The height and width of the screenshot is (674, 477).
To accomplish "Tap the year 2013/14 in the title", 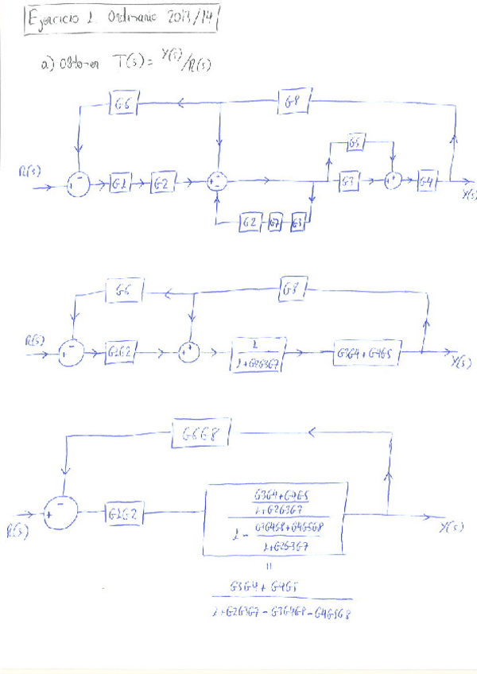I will click(188, 18).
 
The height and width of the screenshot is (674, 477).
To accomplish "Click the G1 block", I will click(121, 184).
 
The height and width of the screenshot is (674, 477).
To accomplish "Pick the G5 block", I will click(357, 145).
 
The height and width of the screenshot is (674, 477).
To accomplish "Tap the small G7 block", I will click(274, 222).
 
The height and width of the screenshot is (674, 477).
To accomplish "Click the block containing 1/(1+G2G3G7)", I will click(255, 353).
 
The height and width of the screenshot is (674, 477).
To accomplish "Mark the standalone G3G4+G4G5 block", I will click(366, 353).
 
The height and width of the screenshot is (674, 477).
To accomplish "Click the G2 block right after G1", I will click(161, 184).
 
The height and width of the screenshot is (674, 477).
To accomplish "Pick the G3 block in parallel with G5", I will click(348, 182).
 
